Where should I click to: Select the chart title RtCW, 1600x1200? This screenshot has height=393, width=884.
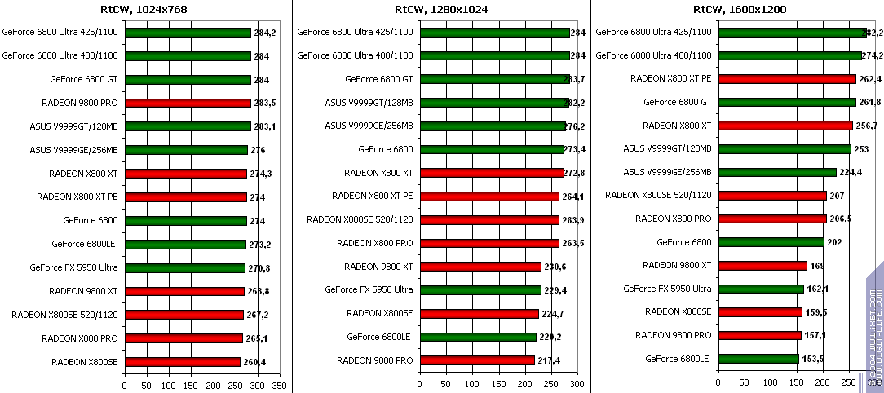[x=740, y=10]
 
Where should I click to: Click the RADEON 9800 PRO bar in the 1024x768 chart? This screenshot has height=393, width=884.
[x=188, y=104]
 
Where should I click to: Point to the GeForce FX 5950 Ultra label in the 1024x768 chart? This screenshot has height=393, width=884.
[x=74, y=267]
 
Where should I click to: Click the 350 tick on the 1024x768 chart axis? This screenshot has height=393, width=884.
[x=280, y=384]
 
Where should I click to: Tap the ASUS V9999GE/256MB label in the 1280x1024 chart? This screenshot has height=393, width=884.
[x=369, y=126]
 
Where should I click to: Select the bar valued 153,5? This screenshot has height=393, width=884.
[x=758, y=359]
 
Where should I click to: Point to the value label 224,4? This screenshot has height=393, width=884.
[x=851, y=173]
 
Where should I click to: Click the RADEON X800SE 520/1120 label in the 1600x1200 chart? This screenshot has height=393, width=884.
[x=658, y=195]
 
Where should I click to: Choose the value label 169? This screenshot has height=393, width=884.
[x=817, y=266]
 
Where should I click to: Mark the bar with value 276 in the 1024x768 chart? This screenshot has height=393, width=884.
[x=186, y=150]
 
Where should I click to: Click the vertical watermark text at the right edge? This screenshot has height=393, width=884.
[x=873, y=326]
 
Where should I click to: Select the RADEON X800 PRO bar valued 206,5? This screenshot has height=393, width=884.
[x=771, y=219]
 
